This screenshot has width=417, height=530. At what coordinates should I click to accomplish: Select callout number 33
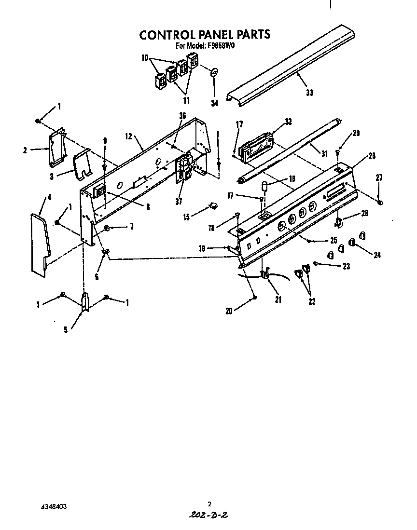(x=309, y=93)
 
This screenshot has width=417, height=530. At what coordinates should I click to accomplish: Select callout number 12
(x=128, y=136)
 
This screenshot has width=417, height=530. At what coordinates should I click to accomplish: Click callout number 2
(x=25, y=150)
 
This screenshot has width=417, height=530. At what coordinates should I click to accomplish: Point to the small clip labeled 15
(x=211, y=206)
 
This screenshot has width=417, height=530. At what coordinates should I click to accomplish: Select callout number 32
(x=288, y=122)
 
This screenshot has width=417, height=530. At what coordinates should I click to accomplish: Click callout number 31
(x=324, y=153)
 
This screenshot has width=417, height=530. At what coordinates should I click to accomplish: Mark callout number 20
(x=228, y=311)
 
